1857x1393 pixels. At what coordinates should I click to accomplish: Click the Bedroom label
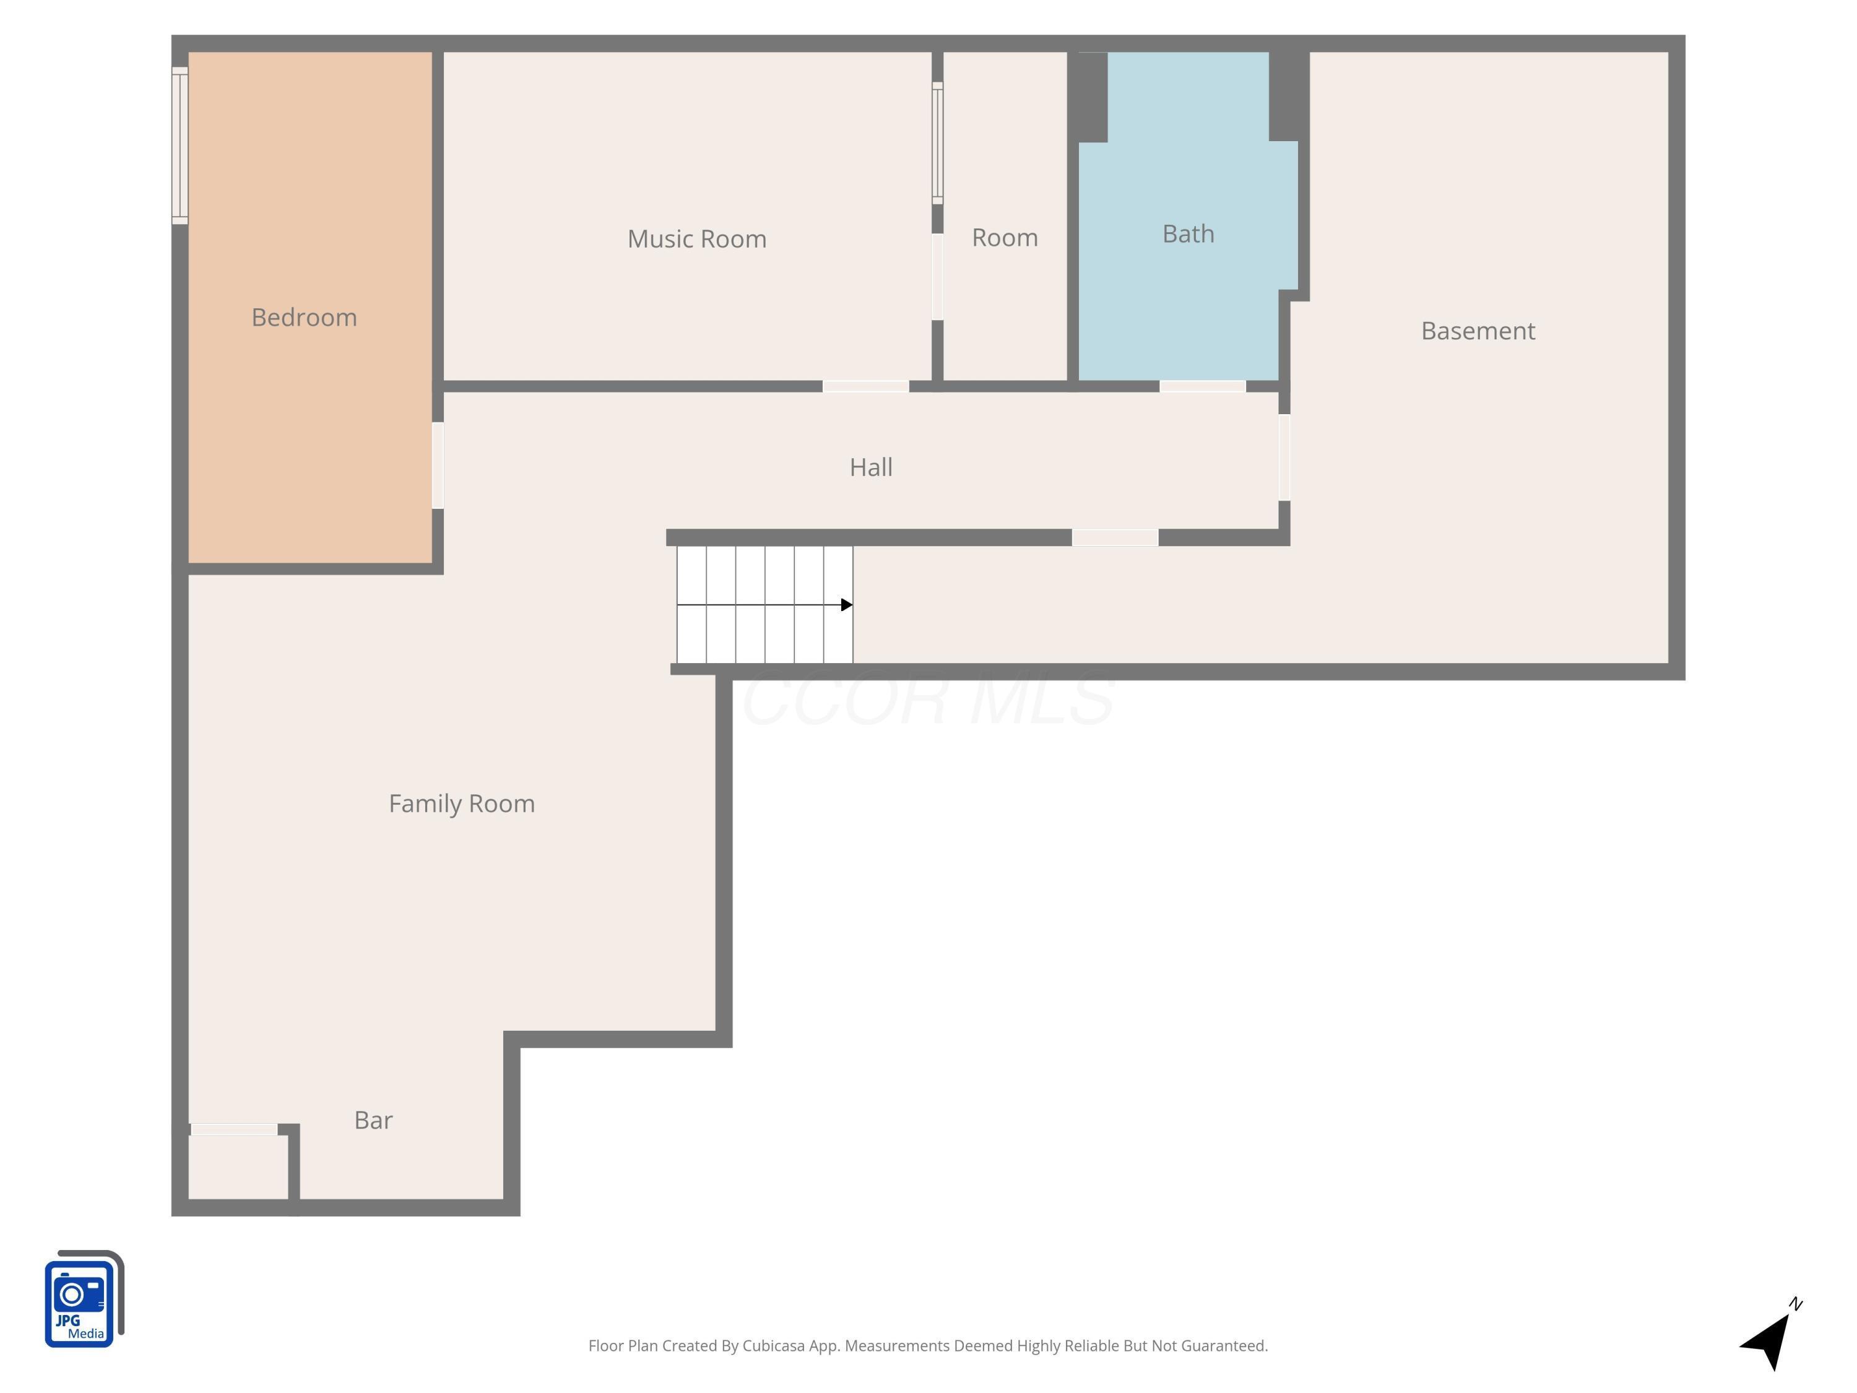coord(304,318)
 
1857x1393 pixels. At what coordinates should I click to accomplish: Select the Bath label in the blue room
coord(1187,234)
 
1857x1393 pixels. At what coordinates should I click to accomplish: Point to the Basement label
coord(1477,331)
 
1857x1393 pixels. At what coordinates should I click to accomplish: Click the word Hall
coord(870,467)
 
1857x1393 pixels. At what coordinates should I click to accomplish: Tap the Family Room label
coord(461,804)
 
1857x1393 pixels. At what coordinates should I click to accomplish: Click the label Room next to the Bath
coord(1004,238)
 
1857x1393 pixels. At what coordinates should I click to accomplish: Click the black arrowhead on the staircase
coord(846,604)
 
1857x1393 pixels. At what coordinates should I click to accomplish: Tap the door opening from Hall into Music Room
coord(865,386)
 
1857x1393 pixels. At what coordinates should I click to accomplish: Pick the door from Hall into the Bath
coord(1201,386)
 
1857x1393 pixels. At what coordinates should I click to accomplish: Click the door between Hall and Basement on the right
coord(1284,458)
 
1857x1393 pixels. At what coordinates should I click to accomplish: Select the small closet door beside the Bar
coord(233,1129)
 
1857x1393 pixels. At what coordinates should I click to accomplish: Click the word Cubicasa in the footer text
coord(773,1346)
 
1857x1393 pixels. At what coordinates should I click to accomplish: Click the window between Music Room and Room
coord(937,143)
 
